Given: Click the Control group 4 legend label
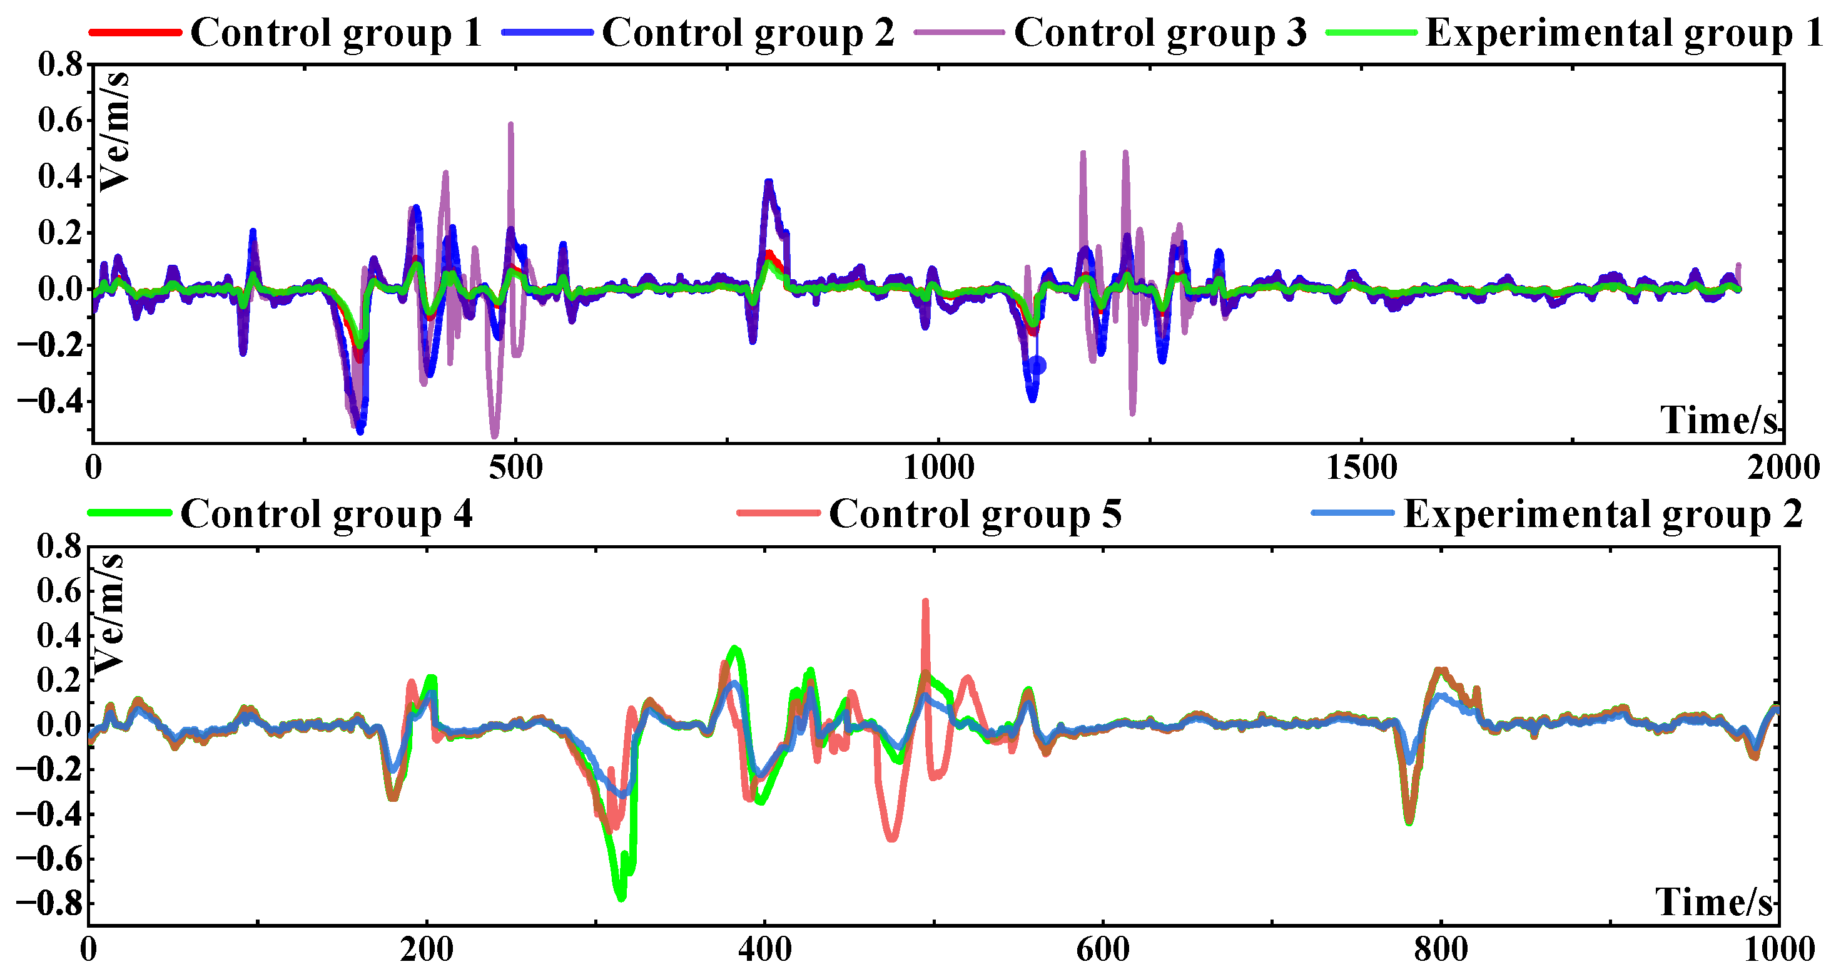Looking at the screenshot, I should coord(327,513).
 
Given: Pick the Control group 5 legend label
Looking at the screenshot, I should coord(975,513).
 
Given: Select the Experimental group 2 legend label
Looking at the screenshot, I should coord(1603,513).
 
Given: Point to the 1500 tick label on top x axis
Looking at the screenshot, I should coord(1361,468).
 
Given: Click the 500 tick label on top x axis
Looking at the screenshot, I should coord(515,468).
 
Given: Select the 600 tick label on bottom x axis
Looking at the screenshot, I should coord(1103,950).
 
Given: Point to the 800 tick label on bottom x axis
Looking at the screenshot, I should coord(1441,950).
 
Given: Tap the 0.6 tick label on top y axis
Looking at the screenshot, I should coord(61,121).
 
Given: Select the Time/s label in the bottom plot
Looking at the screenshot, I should coord(1713,902).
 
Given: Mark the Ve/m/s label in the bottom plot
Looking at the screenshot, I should coord(109,613).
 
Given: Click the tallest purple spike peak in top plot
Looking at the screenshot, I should coord(511,124).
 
